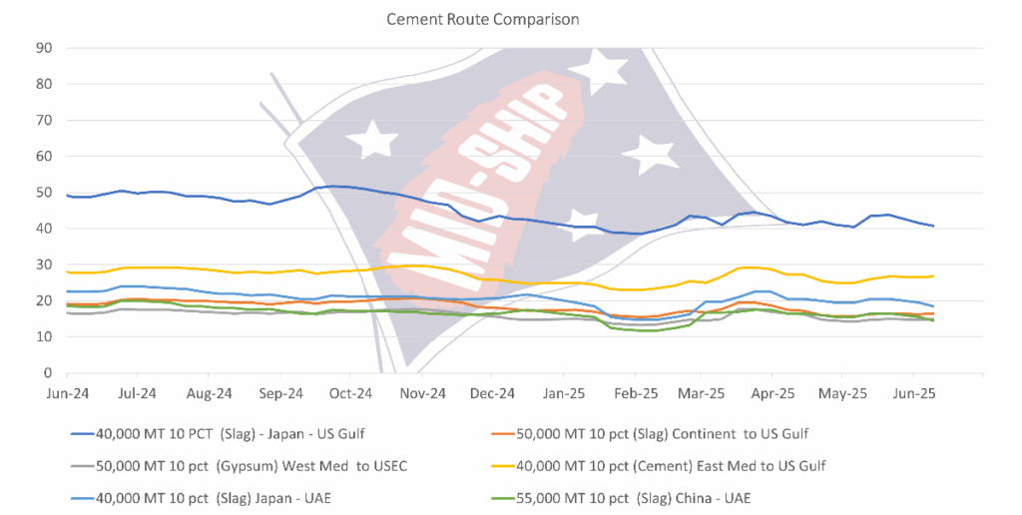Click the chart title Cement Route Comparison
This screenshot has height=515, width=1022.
coord(483,19)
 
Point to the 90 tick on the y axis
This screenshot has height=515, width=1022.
coord(45,47)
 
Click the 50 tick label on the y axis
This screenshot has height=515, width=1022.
coord(45,193)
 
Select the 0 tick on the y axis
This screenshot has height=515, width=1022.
coord(48,373)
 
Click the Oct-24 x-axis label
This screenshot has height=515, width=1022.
coord(350,392)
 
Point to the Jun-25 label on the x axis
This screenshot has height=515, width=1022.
coord(912,392)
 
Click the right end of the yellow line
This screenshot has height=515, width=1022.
coord(933,276)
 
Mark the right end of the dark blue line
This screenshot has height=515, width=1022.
coord(933,227)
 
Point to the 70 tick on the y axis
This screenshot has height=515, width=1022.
coord(45,120)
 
